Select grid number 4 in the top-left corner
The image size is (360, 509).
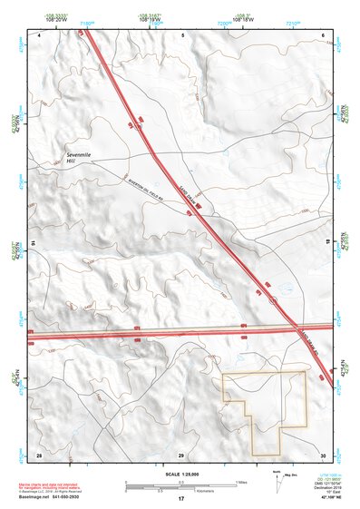point(40,35)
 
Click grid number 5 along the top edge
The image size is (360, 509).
point(182,35)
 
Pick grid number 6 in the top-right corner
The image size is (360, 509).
point(323,35)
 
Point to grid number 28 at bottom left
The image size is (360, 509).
point(39,453)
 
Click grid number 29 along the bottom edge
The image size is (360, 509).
point(181,453)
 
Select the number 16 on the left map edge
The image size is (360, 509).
point(34,243)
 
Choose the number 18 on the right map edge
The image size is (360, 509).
point(328,243)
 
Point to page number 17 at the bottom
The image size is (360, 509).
point(181,499)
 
